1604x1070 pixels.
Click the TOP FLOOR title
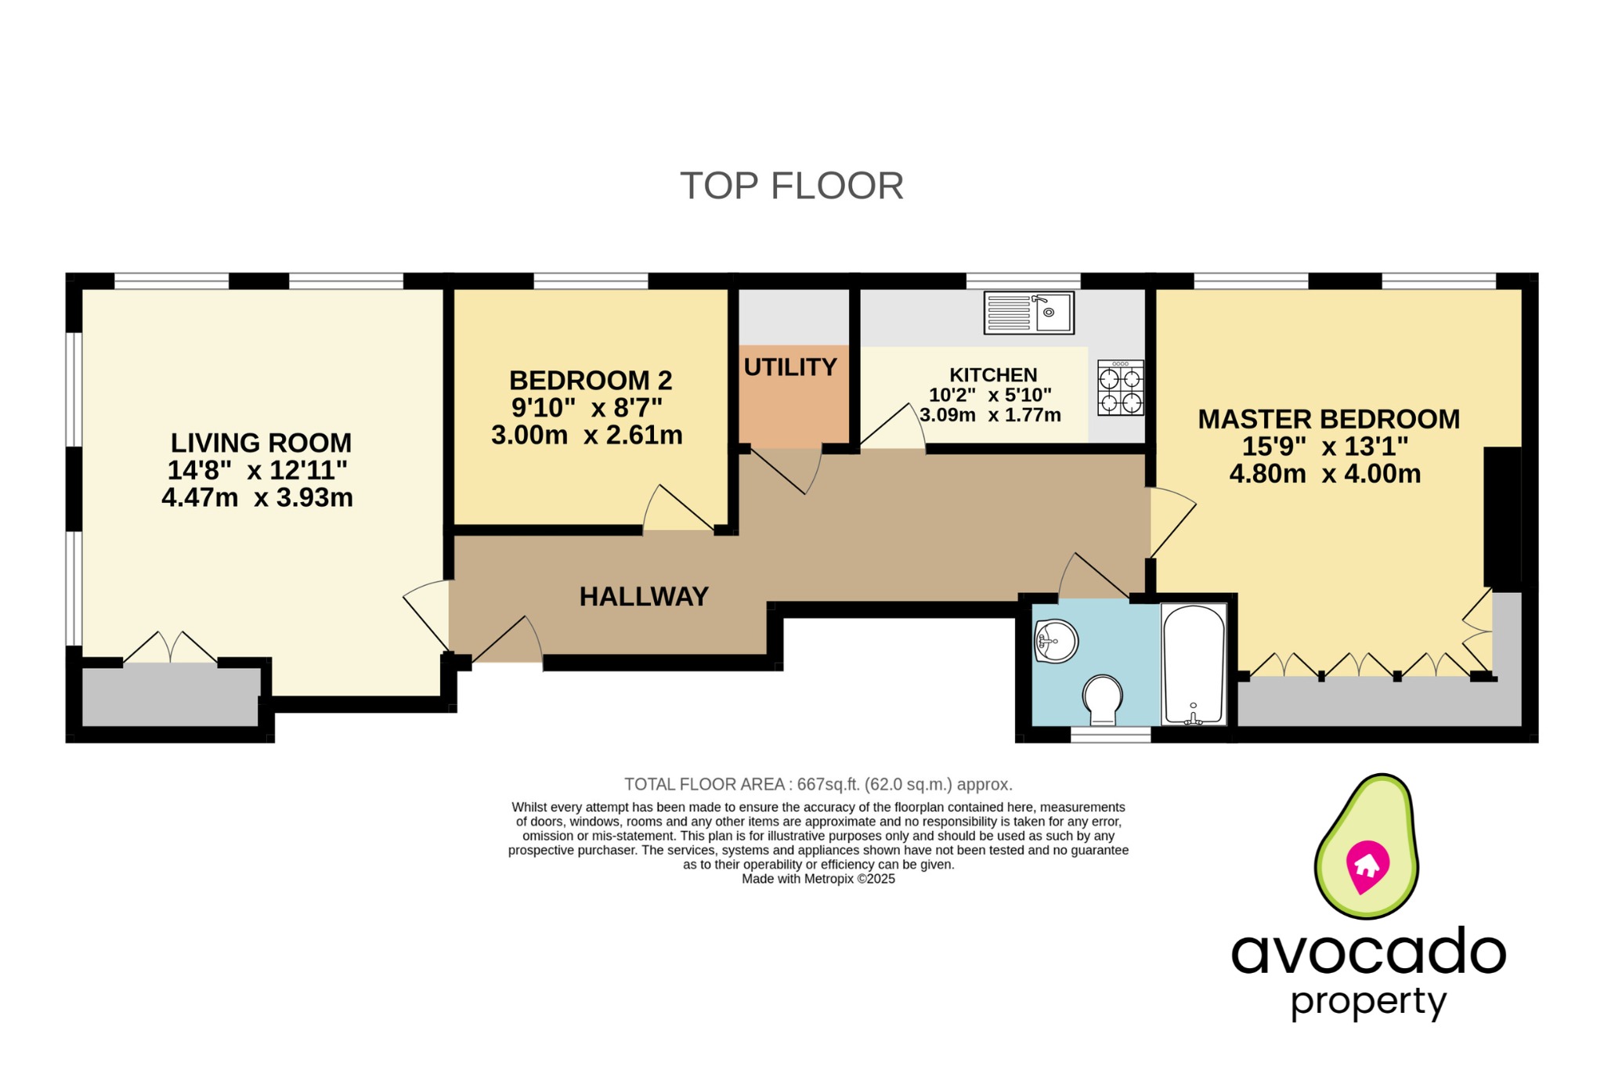tap(792, 186)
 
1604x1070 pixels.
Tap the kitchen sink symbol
tap(1028, 313)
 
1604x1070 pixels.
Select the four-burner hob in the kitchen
tap(1120, 388)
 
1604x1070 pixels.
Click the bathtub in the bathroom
tap(1194, 663)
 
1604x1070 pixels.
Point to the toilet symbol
tap(1103, 699)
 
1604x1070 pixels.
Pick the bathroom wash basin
tap(1055, 641)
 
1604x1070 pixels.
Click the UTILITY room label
tap(790, 367)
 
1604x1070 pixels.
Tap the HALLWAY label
tap(644, 597)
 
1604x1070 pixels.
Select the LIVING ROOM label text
tap(261, 443)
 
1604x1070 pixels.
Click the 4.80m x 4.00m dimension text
tap(1324, 474)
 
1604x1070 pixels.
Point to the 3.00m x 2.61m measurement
tap(587, 436)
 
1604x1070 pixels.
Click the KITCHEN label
tap(993, 375)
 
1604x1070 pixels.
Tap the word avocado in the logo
tap(1367, 953)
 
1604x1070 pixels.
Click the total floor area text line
tap(818, 784)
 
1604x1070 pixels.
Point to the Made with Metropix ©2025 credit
tap(818, 879)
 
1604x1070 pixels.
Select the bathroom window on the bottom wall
tap(1111, 734)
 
